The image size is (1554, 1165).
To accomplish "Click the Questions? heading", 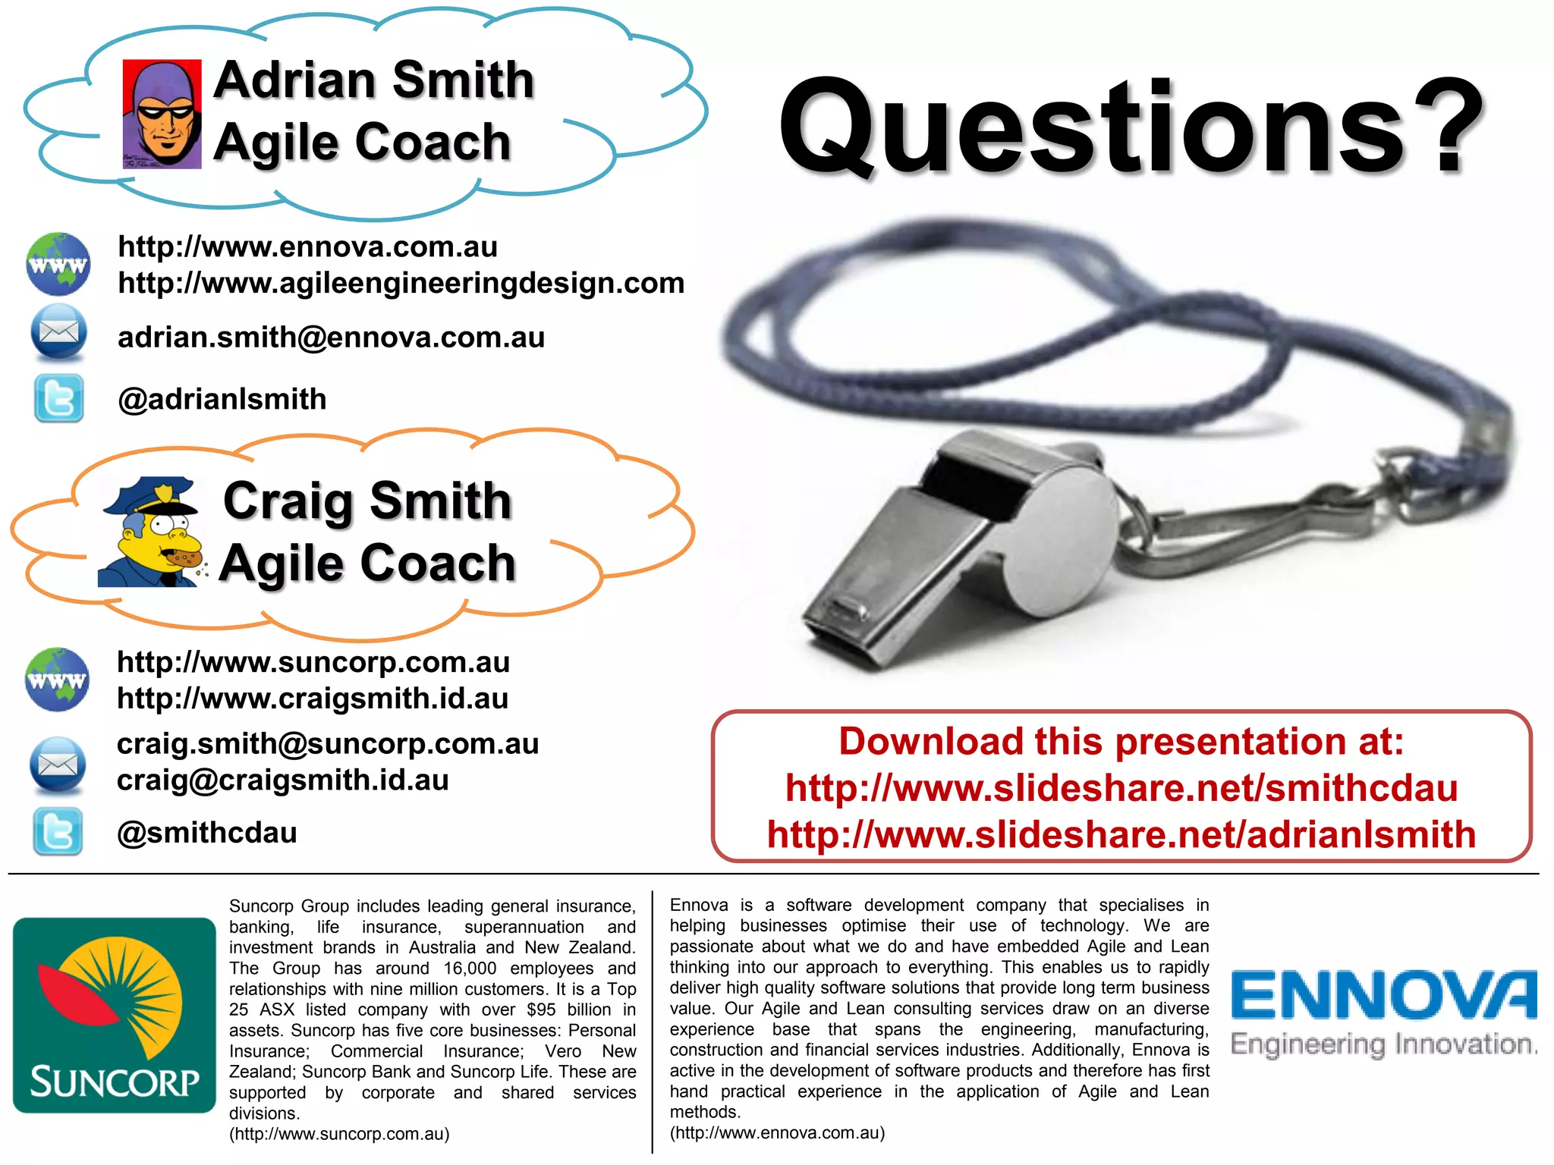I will coord(1131,127).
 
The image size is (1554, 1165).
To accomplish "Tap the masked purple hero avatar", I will coord(162,114).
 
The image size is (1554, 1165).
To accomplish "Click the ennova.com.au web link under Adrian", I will coord(307,247).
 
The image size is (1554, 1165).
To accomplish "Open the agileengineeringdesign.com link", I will coord(401,284).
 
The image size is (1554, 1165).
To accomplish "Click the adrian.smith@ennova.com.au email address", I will coord(331,338).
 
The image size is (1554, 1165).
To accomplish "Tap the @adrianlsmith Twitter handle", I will coord(222,400).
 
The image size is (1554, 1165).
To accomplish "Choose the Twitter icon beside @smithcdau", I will coord(58,832).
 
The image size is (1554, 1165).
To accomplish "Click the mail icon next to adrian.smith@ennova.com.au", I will coord(58,332).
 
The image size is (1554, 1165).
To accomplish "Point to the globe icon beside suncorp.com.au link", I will coord(57,679).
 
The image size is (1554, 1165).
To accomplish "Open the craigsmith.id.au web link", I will coord(312,699).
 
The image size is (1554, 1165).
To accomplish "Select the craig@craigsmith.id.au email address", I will coord(282,780).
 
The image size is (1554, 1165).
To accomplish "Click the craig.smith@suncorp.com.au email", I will coord(327,744).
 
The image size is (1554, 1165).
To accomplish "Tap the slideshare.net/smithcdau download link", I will coord(1121,789).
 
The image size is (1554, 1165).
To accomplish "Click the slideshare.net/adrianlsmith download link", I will coord(1121,835).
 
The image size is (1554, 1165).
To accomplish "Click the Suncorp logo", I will coord(115,1015).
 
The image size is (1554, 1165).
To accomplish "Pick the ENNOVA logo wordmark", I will coord(1383,995).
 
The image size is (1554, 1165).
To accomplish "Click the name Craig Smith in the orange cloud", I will coord(367,501).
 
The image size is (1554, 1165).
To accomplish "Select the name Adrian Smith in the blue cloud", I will coord(373,80).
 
